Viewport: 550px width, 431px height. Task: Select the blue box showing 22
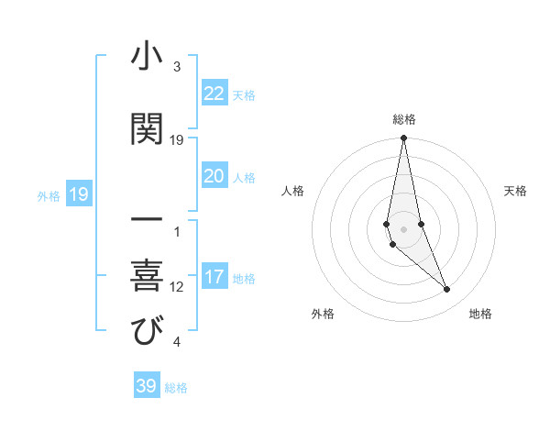[x=214, y=94]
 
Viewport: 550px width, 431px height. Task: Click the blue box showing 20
[x=214, y=176]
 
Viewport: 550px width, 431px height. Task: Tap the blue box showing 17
[x=214, y=277]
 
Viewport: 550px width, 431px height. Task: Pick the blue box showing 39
[x=147, y=386]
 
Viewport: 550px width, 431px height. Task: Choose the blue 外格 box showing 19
[x=78, y=194]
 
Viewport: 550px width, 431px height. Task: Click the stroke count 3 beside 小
[x=177, y=67]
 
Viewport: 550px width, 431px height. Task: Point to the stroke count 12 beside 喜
[x=177, y=287]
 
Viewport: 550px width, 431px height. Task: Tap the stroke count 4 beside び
[x=177, y=342]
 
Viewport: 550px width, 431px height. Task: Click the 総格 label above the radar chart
[x=404, y=119]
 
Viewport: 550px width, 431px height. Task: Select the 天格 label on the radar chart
[x=516, y=191]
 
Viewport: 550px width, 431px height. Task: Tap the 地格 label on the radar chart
[x=480, y=314]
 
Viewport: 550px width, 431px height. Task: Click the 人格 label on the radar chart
[x=293, y=191]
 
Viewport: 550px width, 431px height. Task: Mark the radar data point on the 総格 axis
[x=404, y=138]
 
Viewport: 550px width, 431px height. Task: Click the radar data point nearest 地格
[x=447, y=290]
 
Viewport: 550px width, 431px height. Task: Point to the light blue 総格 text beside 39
[x=176, y=388]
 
